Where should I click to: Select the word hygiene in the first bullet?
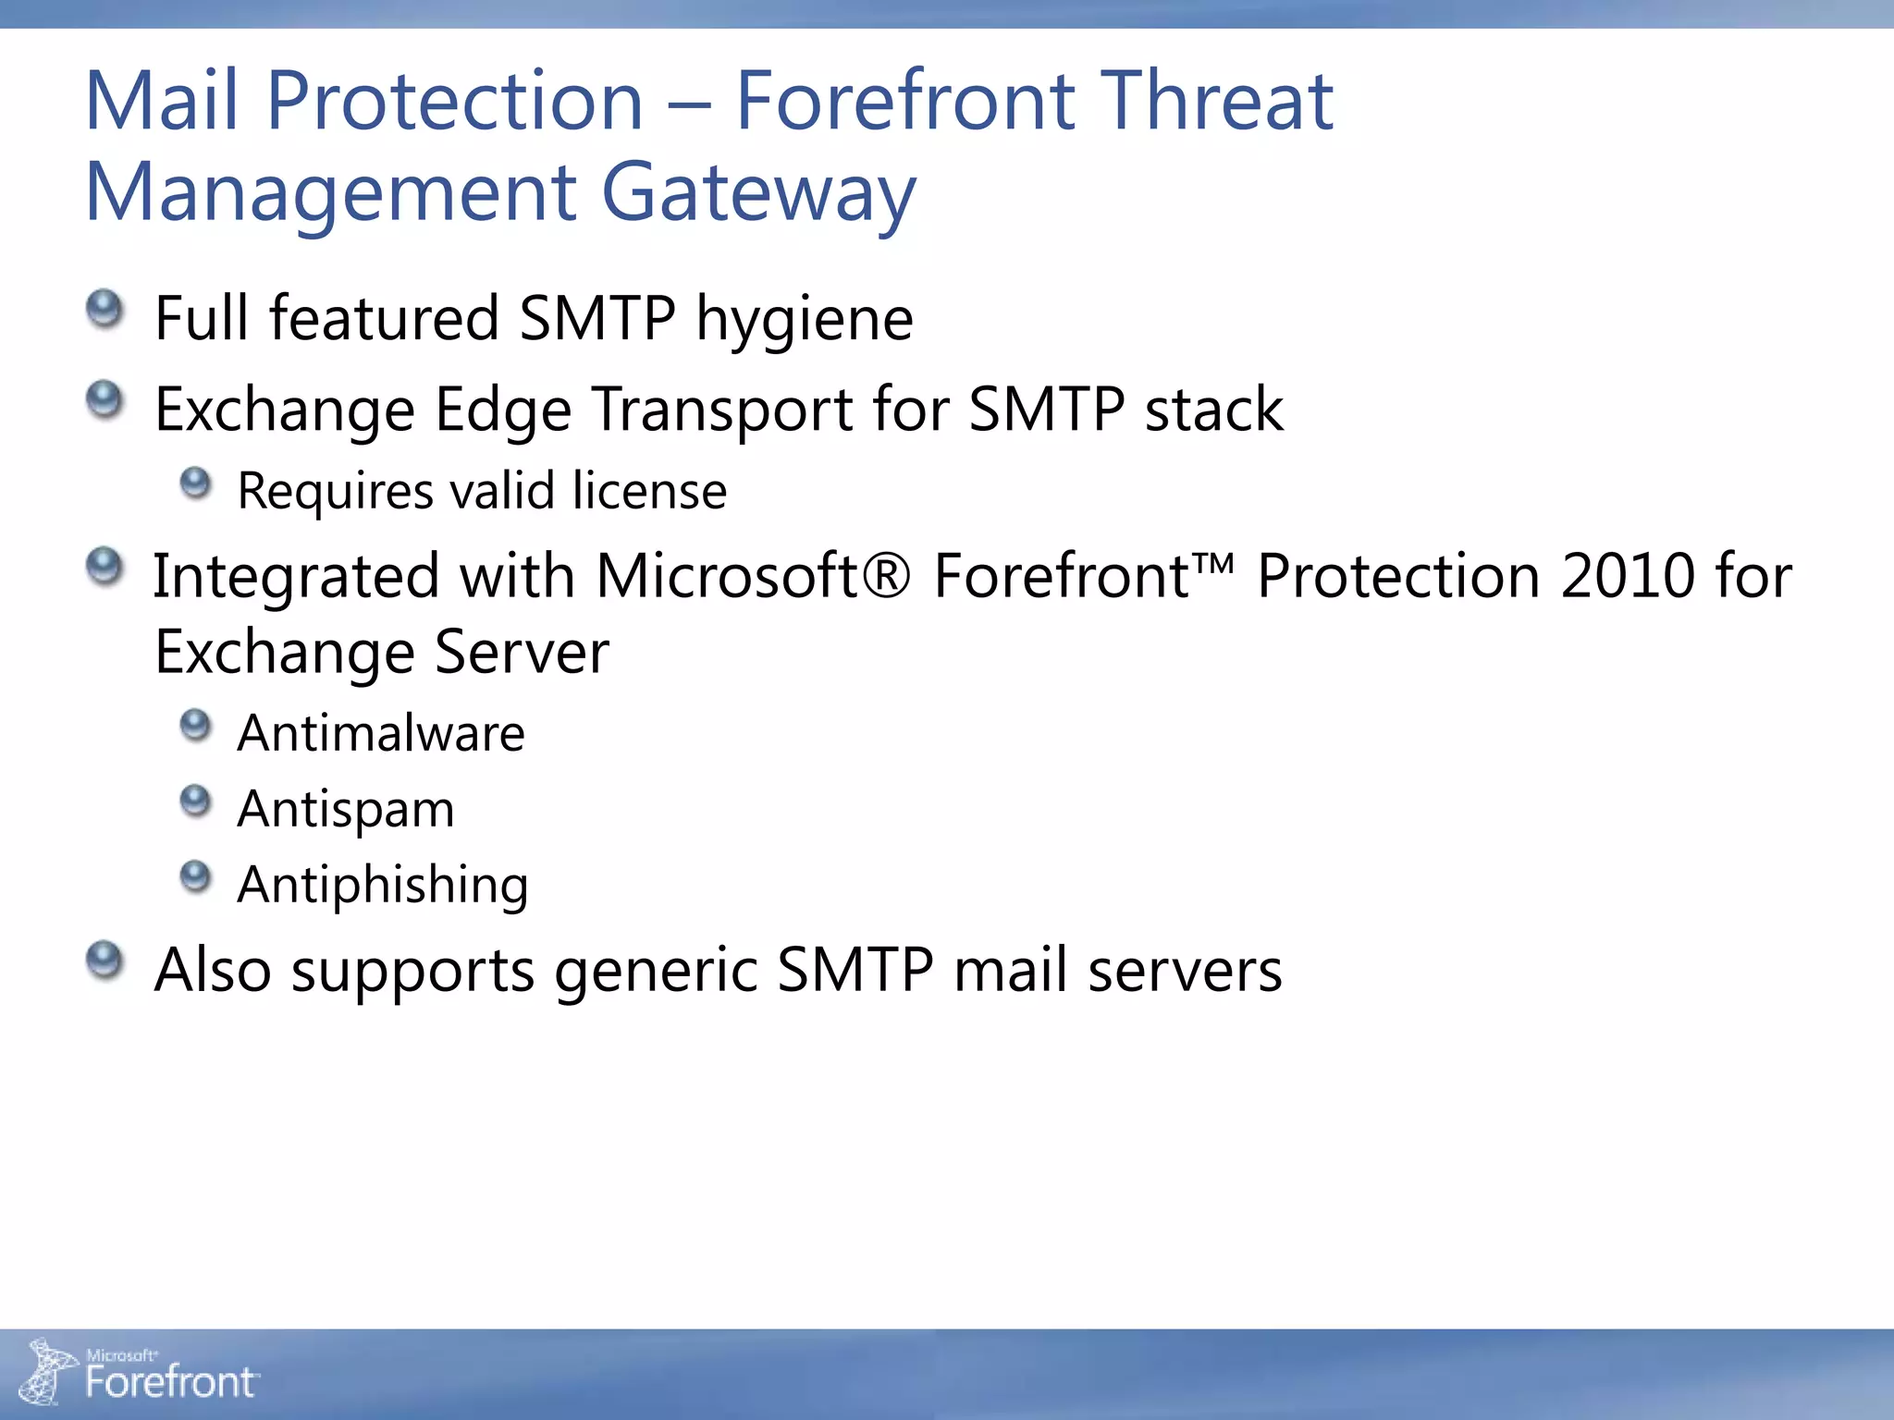[x=805, y=320]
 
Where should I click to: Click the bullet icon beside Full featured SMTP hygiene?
[x=105, y=309]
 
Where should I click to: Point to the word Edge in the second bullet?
[x=503, y=410]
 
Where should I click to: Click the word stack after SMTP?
[x=1213, y=410]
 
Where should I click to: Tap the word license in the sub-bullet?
[x=649, y=491]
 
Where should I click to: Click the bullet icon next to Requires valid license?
[x=195, y=482]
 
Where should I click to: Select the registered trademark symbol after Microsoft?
[x=889, y=576]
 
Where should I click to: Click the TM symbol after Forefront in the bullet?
[x=1213, y=564]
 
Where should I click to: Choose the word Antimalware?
[x=381, y=734]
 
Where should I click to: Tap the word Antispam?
[x=346, y=810]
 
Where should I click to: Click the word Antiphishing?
[x=383, y=886]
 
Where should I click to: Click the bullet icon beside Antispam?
[x=195, y=801]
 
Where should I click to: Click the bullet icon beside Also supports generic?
[x=105, y=960]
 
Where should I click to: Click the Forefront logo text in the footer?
[x=170, y=1382]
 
